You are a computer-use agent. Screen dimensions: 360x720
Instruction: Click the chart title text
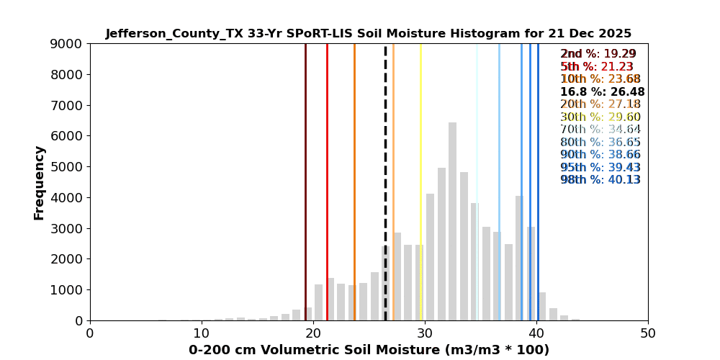(368, 34)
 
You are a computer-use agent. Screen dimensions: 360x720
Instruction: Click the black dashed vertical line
(385, 144)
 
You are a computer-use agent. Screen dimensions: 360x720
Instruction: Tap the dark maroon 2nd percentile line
(305, 144)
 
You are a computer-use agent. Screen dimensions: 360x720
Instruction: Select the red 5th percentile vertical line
(327, 144)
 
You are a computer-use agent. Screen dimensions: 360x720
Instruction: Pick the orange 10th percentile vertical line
(354, 144)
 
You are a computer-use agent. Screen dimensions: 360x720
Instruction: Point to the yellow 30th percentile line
(420, 144)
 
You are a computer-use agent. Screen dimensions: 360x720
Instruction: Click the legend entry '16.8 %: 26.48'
(602, 92)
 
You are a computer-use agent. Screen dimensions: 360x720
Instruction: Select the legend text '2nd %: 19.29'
(598, 54)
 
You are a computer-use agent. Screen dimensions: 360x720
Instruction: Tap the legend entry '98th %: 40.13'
(600, 180)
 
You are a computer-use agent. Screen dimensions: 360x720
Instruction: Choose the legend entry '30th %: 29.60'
(600, 117)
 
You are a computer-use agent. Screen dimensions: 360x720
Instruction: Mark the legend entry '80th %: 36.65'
(600, 143)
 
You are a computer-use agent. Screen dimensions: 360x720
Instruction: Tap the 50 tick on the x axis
(648, 334)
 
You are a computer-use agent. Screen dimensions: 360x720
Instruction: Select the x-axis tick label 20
(313, 334)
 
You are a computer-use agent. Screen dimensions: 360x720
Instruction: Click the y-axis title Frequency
(40, 182)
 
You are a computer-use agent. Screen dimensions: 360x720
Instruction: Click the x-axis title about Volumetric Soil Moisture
(369, 350)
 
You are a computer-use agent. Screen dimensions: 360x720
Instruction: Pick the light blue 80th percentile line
(499, 144)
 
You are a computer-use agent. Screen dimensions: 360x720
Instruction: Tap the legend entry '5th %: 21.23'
(597, 67)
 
